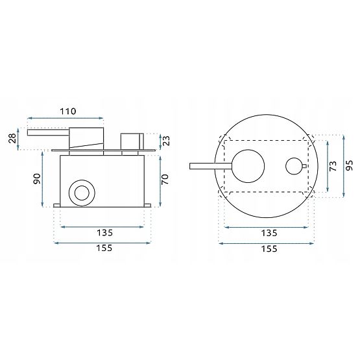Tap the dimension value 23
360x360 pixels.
[x=166, y=141]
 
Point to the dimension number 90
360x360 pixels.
[x=38, y=177]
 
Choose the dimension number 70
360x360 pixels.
[x=166, y=178]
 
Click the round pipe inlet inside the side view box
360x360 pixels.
[x=82, y=192]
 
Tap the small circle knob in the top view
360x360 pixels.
[x=296, y=167]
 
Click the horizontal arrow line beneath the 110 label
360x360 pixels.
[x=65, y=119]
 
